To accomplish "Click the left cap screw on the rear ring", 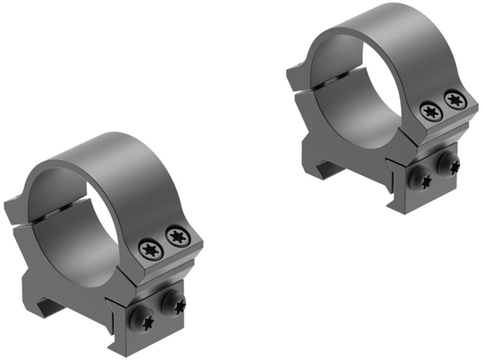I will [430, 111].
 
